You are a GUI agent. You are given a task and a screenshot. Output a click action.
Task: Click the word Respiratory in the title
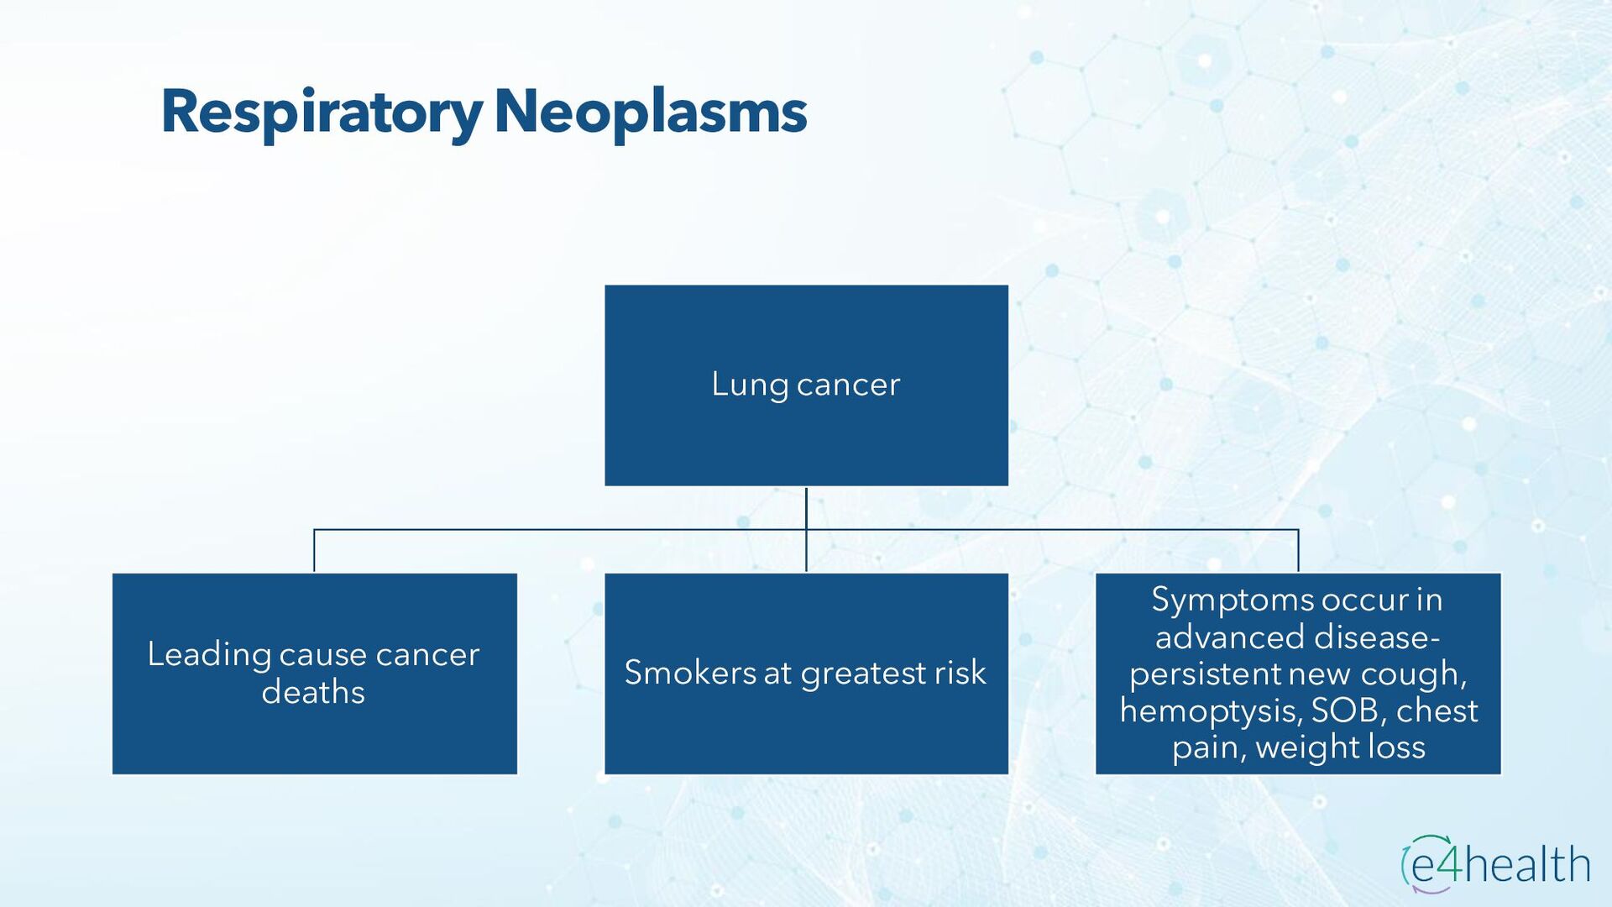(321, 113)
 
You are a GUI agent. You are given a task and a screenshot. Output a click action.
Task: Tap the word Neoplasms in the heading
(651, 113)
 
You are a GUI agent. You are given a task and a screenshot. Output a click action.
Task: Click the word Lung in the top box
(750, 385)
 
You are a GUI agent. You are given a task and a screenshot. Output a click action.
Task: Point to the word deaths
(313, 693)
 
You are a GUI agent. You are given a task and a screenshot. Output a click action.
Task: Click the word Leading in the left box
(209, 655)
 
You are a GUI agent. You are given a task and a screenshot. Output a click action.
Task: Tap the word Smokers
(690, 673)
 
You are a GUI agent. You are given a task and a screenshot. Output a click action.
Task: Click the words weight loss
(1340, 747)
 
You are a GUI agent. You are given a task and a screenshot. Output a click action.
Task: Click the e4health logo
(1495, 863)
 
